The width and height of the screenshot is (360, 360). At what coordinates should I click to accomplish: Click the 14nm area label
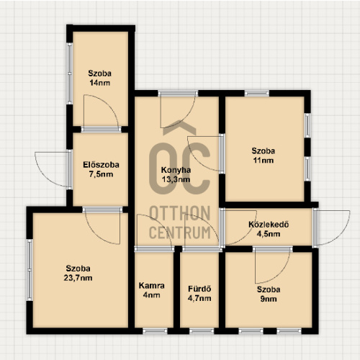[100, 83]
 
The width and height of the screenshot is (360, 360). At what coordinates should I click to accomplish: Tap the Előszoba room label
[101, 165]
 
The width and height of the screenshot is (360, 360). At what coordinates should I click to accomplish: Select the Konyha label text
[176, 170]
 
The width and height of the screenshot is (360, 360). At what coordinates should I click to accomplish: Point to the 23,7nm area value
[78, 278]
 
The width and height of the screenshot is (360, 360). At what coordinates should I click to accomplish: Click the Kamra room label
[151, 286]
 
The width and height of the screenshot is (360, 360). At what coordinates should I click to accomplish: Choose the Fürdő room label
[199, 289]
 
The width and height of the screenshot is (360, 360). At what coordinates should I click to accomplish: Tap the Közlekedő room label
[269, 225]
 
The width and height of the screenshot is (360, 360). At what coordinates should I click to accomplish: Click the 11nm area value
[264, 160]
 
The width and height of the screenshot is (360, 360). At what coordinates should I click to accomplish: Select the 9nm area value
[269, 299]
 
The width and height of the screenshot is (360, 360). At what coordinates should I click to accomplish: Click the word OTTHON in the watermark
[180, 213]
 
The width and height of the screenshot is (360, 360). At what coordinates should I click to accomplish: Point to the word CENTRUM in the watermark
[180, 232]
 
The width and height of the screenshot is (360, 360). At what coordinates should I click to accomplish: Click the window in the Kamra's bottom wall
[155, 331]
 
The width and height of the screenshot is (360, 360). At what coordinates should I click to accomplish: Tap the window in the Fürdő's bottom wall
[202, 331]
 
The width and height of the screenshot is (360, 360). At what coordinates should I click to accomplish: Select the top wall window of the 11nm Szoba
[257, 94]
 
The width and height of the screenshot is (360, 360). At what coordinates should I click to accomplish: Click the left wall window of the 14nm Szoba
[70, 73]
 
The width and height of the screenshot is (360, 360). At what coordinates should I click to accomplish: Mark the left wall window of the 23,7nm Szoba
[30, 270]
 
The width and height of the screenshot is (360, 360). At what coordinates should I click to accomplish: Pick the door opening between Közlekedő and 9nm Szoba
[273, 249]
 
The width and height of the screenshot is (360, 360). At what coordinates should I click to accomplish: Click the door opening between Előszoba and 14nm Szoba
[101, 130]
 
